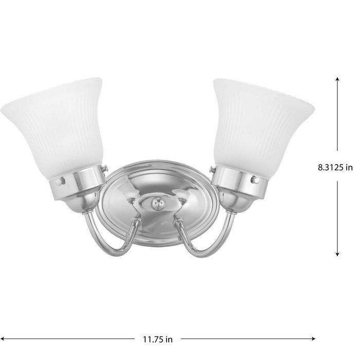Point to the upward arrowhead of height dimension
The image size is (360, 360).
337,79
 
